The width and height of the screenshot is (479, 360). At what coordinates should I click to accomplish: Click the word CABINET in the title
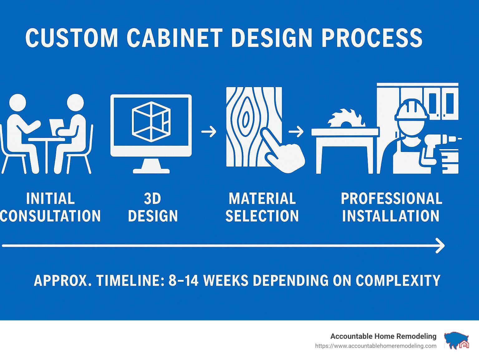coord(175,37)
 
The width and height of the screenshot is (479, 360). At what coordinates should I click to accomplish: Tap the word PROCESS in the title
coord(372,37)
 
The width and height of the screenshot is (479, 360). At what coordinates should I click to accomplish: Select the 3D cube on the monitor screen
coord(151,122)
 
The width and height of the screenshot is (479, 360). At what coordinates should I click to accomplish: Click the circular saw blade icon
coord(346,118)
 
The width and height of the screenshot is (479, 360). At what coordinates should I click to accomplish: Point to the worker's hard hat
coord(410,109)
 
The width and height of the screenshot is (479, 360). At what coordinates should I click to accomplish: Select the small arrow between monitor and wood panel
coord(209,132)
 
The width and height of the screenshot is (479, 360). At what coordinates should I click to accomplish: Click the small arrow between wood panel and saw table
coord(296,132)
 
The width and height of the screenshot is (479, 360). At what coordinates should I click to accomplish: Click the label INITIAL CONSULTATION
coord(51,207)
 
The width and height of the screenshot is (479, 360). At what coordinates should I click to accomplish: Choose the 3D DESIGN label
coord(153,207)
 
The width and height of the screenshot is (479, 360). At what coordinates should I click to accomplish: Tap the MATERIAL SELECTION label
coord(262,207)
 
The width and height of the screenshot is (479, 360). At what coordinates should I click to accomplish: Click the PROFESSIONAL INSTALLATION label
coord(392,207)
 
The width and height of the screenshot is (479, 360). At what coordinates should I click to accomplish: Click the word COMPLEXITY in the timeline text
coord(398,280)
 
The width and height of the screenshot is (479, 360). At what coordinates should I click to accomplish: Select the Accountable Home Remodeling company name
coord(383,336)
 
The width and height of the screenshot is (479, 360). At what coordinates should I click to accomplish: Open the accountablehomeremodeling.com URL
coord(376,346)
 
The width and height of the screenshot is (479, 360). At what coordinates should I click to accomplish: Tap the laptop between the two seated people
coord(56,127)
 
